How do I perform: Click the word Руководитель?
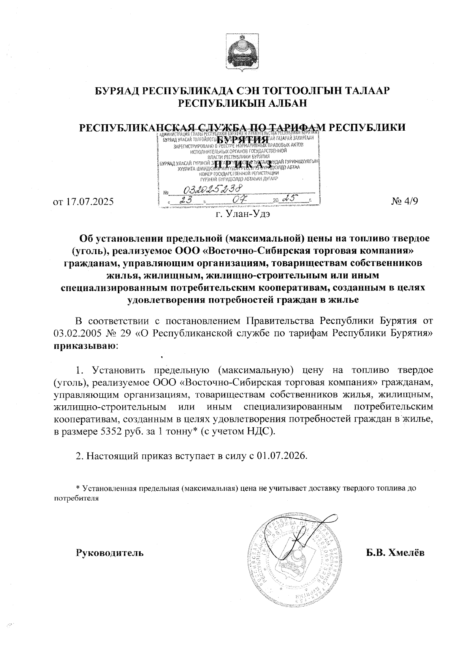110,552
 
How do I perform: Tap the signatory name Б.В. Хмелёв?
395,552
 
